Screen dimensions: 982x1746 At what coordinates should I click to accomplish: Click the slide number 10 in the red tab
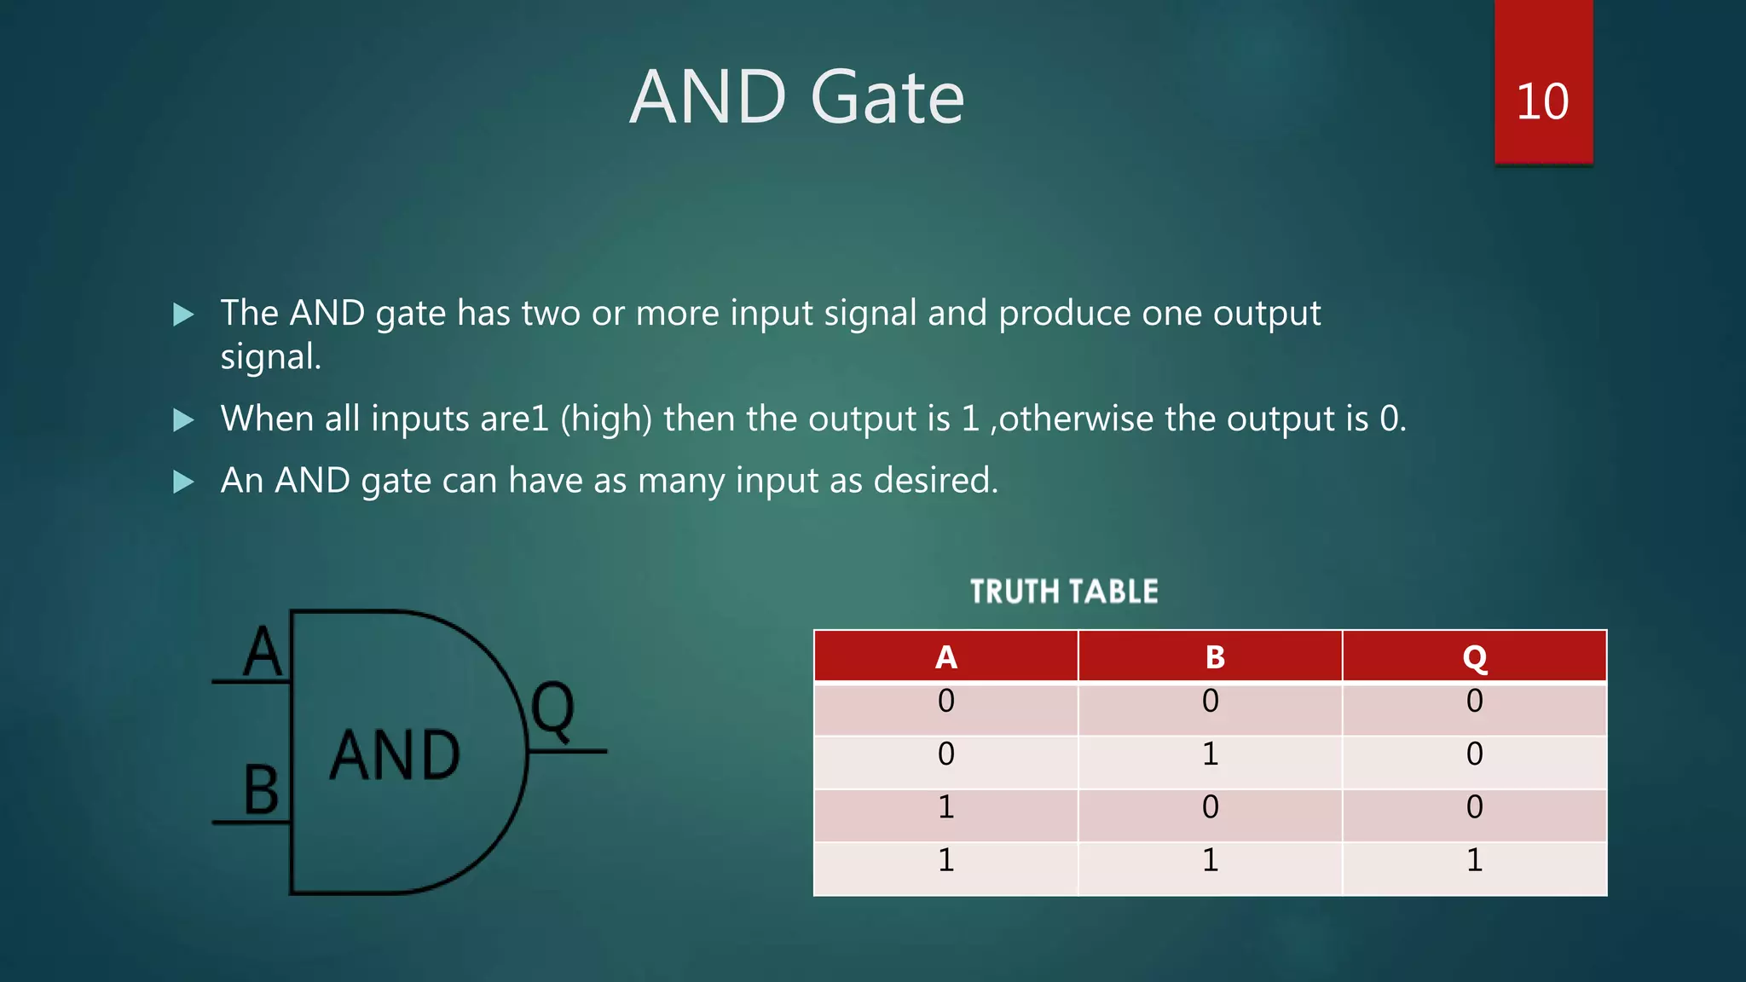coord(1542,102)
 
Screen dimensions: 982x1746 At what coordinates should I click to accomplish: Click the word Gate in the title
coord(887,98)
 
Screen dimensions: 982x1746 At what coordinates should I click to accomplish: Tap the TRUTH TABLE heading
coord(1064,592)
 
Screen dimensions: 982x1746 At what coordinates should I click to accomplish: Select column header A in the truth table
coord(945,657)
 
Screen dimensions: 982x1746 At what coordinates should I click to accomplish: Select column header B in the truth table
coord(1215,657)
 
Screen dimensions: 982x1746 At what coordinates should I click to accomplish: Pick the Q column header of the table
coord(1475,657)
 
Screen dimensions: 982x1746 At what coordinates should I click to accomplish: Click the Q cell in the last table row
coord(1475,860)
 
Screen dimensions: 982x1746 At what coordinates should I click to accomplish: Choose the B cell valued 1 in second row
coord(1211,754)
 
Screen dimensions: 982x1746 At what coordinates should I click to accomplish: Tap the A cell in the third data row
coord(945,807)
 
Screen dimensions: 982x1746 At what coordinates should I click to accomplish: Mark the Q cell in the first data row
coord(1475,702)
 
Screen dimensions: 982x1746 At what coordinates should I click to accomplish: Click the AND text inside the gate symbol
coord(395,755)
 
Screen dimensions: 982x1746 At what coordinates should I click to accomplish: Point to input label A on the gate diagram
coord(262,652)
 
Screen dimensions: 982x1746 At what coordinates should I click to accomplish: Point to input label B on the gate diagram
coord(261,790)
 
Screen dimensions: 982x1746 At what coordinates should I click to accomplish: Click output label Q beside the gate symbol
coord(552,710)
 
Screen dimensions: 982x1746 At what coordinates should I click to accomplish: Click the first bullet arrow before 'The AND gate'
coord(183,315)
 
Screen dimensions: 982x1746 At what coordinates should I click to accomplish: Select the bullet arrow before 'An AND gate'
coord(183,482)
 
